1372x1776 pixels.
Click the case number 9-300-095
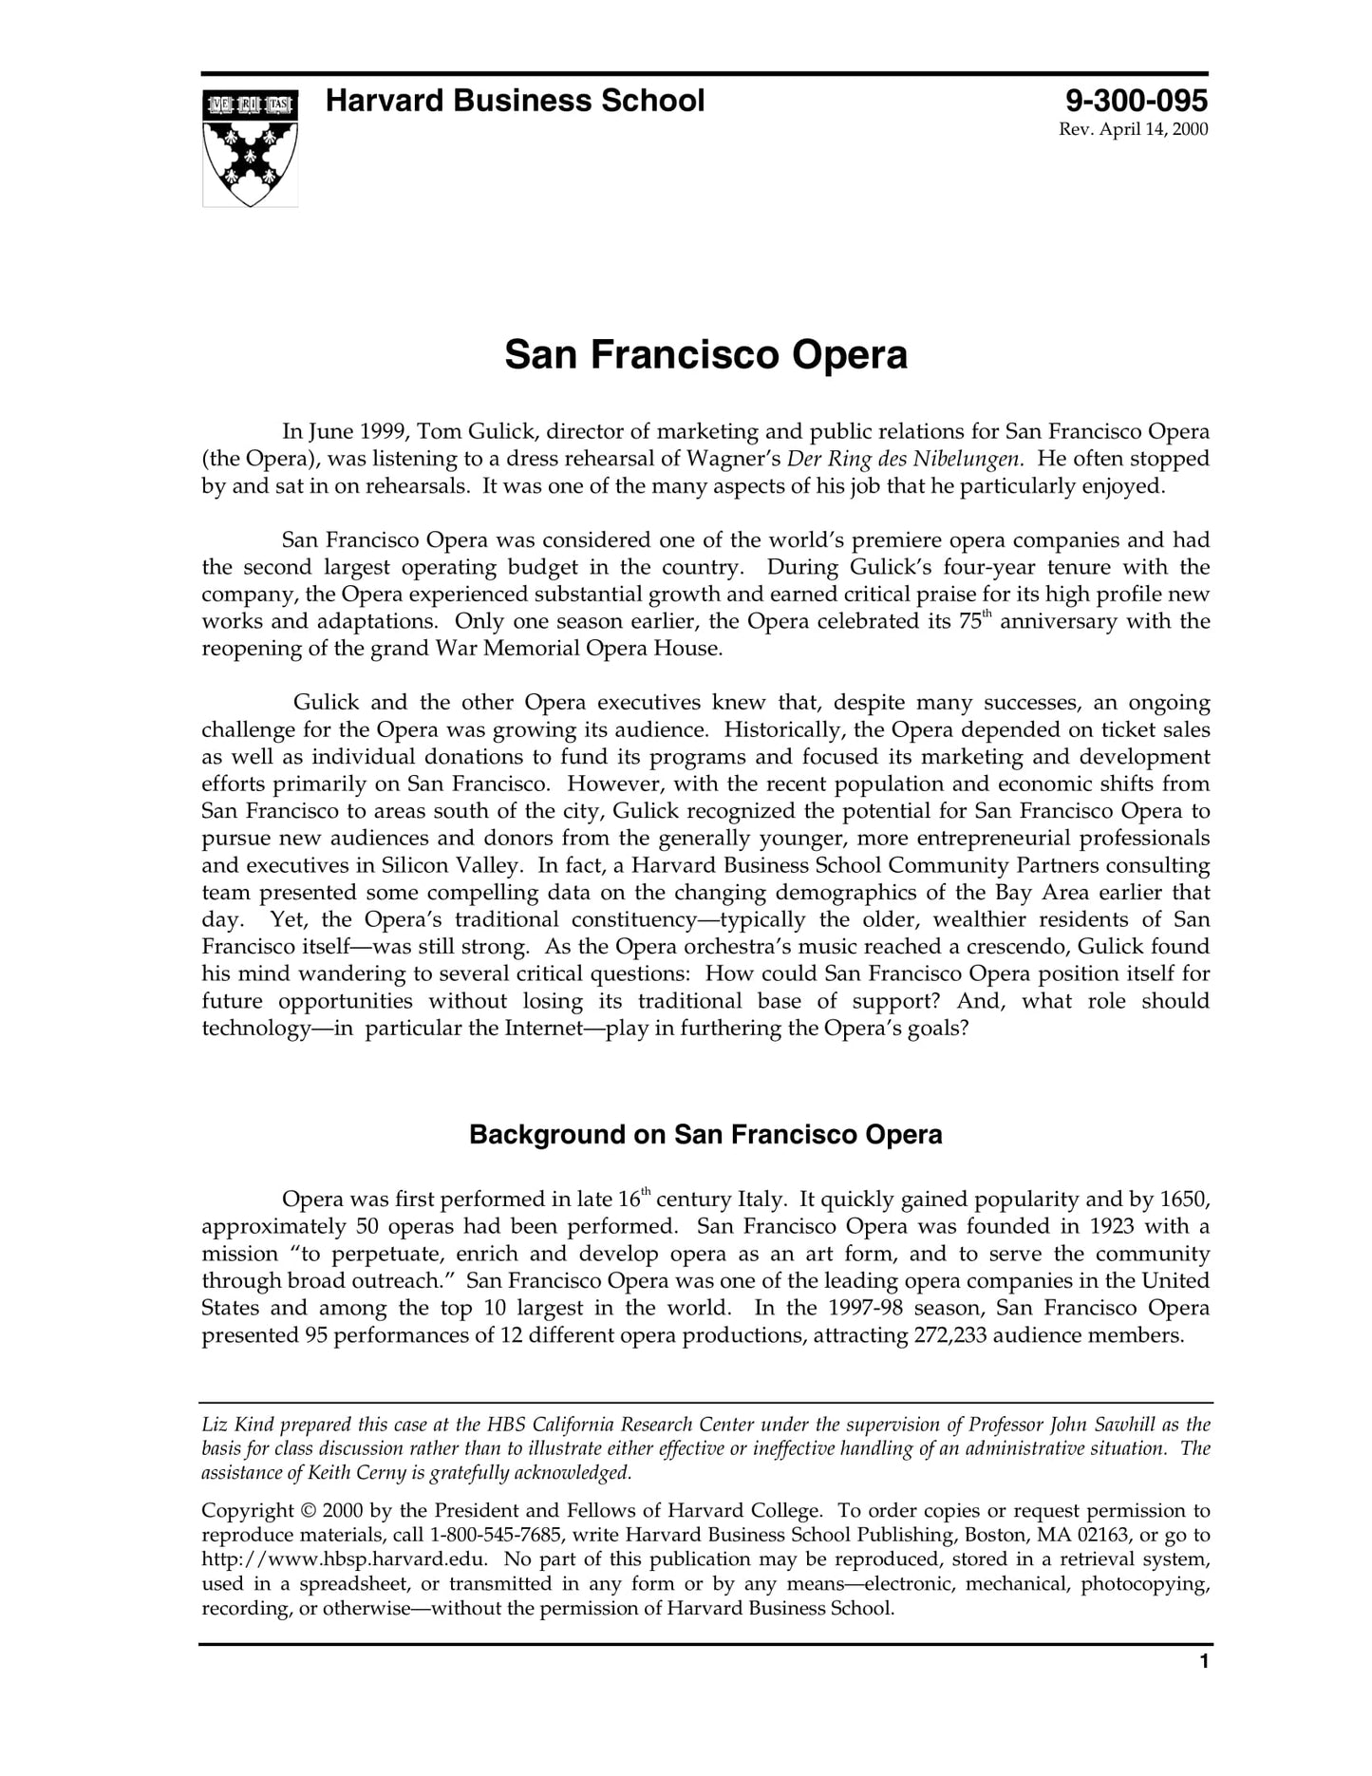(x=1136, y=101)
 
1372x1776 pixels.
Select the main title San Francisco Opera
(x=705, y=355)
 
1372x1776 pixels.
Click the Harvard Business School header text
(x=515, y=101)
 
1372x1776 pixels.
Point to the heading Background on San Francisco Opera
(x=705, y=1135)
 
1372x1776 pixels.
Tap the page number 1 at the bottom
(x=1204, y=1688)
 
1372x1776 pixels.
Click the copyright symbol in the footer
(x=308, y=1511)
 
